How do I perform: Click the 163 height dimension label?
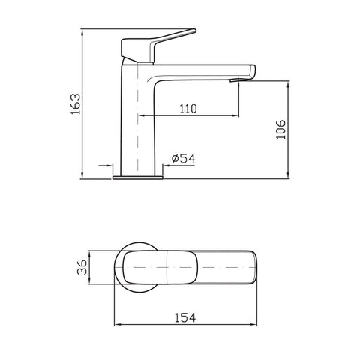point(76,103)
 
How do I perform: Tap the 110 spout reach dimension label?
point(188,109)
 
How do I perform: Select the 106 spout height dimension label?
point(280,129)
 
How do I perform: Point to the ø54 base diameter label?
point(184,158)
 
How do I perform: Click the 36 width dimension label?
point(82,267)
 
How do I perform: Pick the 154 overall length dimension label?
point(185,318)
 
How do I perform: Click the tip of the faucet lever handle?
point(194,31)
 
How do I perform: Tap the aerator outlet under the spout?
point(238,80)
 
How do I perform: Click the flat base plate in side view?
point(138,178)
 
